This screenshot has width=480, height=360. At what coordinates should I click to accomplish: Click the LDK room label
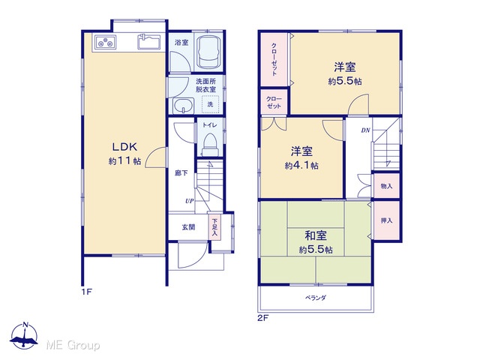point(124,147)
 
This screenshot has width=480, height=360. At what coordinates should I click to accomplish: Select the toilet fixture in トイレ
point(209,145)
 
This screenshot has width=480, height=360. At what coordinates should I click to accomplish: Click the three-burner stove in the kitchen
point(105,42)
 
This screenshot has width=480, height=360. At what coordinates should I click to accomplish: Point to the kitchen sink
point(149,41)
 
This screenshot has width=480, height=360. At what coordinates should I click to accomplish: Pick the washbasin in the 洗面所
point(183,106)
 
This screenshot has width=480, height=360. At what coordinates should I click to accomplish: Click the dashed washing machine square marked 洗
point(210,104)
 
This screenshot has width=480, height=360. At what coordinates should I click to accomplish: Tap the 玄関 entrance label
point(188,227)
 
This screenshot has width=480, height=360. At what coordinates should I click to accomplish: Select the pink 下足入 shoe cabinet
point(215,226)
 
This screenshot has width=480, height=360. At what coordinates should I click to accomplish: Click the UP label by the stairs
point(190,201)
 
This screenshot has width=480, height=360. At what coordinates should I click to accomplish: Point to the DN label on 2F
point(365,130)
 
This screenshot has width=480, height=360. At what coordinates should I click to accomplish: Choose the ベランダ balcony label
point(316,298)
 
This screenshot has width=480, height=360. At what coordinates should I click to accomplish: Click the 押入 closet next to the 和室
point(387,220)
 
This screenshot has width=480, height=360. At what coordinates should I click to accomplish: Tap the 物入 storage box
point(387,186)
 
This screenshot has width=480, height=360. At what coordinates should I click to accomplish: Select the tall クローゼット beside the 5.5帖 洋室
point(274,59)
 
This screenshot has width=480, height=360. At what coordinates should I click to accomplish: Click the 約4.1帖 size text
point(301,166)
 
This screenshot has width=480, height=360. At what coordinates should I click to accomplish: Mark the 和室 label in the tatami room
point(316,235)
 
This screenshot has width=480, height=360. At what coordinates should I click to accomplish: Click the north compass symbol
point(24,335)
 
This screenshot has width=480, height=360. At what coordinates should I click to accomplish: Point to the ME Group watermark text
point(73,346)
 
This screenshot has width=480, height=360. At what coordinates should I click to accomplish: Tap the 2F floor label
point(262,318)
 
